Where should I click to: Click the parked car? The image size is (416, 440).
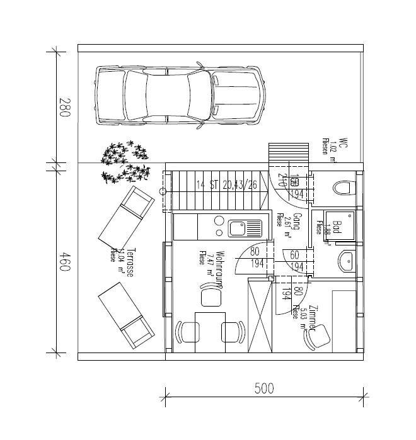[x=179, y=96]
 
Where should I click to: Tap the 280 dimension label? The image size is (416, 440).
[x=64, y=108]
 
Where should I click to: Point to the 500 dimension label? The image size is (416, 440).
[x=264, y=388]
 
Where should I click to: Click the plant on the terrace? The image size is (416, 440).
[x=126, y=162]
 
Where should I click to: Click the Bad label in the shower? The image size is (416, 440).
[x=336, y=228]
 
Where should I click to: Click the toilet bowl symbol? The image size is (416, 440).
[x=344, y=188]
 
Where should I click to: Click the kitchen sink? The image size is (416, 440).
[x=239, y=227]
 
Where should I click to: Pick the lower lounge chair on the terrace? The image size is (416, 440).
[x=125, y=314]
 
